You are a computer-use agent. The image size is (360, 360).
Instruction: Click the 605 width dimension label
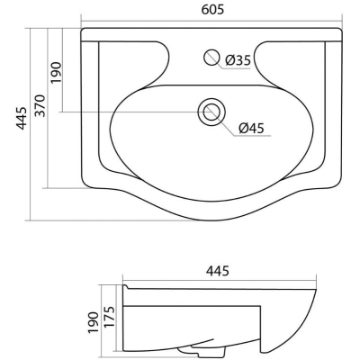(212, 10)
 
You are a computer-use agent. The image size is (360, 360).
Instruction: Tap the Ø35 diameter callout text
(238, 60)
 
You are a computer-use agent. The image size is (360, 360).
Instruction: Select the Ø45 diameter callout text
(251, 129)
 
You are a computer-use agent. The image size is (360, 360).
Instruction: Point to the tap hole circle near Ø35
(212, 58)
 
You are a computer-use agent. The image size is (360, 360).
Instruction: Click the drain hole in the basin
(211, 112)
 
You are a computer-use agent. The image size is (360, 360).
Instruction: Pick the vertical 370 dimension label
(40, 105)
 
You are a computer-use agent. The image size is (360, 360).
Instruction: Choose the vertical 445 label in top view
(22, 118)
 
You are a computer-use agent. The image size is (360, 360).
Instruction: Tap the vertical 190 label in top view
(56, 73)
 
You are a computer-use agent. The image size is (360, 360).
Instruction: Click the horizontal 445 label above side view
(218, 271)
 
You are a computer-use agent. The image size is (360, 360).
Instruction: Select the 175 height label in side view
(109, 318)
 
